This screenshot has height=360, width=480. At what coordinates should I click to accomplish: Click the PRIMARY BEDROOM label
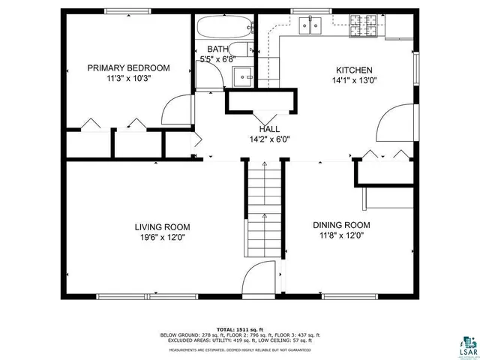click(128, 67)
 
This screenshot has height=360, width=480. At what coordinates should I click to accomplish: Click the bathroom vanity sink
click(243, 75)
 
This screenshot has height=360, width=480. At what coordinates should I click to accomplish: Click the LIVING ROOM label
click(162, 226)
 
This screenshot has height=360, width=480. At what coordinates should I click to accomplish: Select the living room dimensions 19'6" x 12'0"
click(162, 237)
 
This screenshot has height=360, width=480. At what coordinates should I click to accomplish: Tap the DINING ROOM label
click(341, 225)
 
